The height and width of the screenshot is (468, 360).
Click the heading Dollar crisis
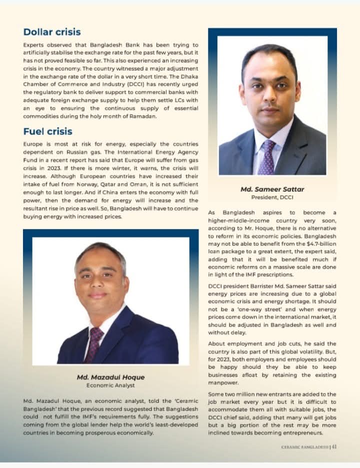tap(52, 32)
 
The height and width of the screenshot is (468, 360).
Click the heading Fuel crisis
tap(47, 131)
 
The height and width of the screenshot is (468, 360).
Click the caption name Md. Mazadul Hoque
tap(110, 377)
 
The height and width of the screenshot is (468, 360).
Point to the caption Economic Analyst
tap(110, 385)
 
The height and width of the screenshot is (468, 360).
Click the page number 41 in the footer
tap(334, 447)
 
